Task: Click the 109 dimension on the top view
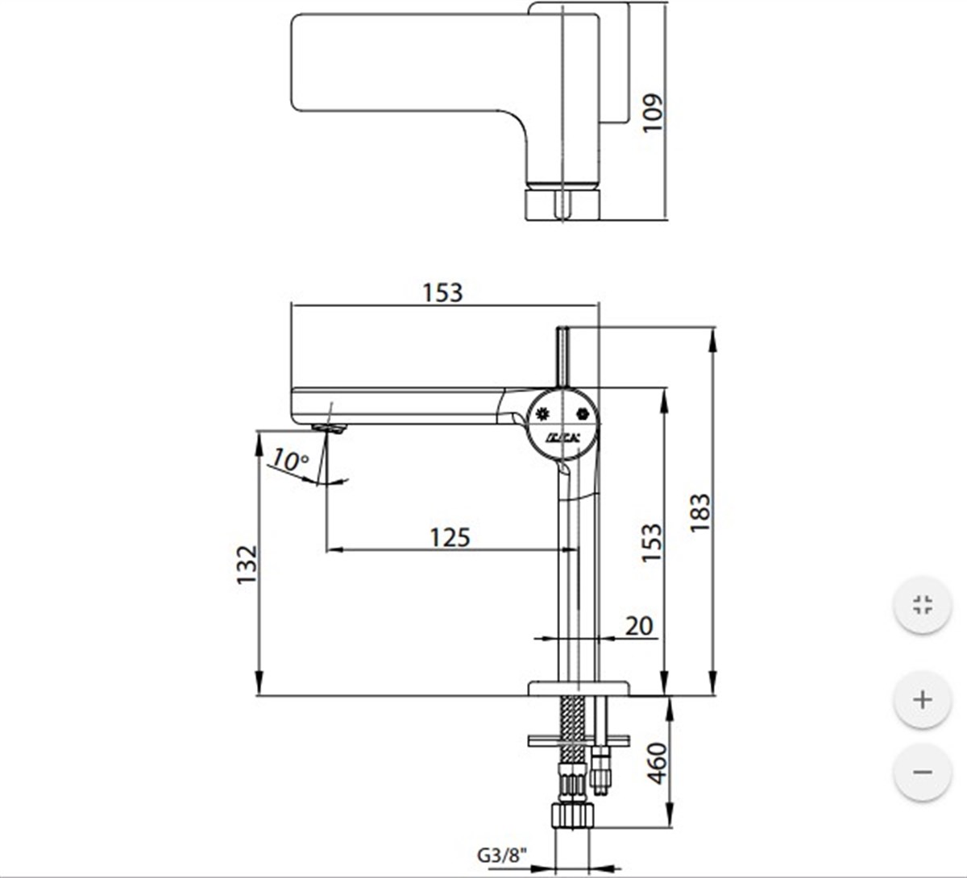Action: pos(652,112)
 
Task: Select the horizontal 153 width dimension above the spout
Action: pos(443,292)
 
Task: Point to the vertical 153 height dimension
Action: pos(651,542)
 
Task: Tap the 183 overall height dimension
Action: pos(699,511)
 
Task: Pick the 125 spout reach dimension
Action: pos(449,536)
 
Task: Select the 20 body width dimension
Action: pos(639,625)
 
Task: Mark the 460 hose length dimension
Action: pos(657,763)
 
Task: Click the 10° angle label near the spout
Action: pos(289,460)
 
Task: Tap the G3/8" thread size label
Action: pos(503,855)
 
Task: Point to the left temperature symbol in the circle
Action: pos(542,414)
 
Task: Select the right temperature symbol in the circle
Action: pos(582,414)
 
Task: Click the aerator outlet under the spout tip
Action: pos(328,428)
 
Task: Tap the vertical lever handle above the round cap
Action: pos(563,354)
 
